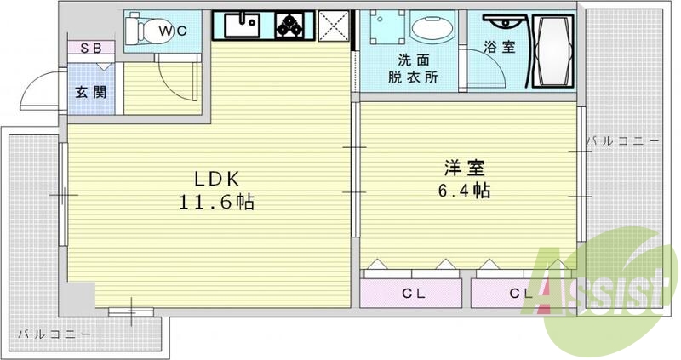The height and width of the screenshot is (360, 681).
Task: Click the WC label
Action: click(177, 31)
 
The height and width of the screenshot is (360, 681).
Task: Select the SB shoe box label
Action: click(90, 49)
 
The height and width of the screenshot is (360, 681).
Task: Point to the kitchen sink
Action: click(243, 26)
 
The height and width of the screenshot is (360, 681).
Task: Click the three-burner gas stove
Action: click(292, 26)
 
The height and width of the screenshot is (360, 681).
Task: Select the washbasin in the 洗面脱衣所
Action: click(426, 31)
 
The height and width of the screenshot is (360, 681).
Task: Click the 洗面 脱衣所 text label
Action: click(413, 68)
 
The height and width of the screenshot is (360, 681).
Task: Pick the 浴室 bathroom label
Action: click(499, 48)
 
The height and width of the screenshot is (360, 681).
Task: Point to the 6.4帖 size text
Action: click(463, 191)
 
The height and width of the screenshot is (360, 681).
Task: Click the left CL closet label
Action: click(415, 294)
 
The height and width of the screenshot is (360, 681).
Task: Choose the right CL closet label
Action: click(522, 294)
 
